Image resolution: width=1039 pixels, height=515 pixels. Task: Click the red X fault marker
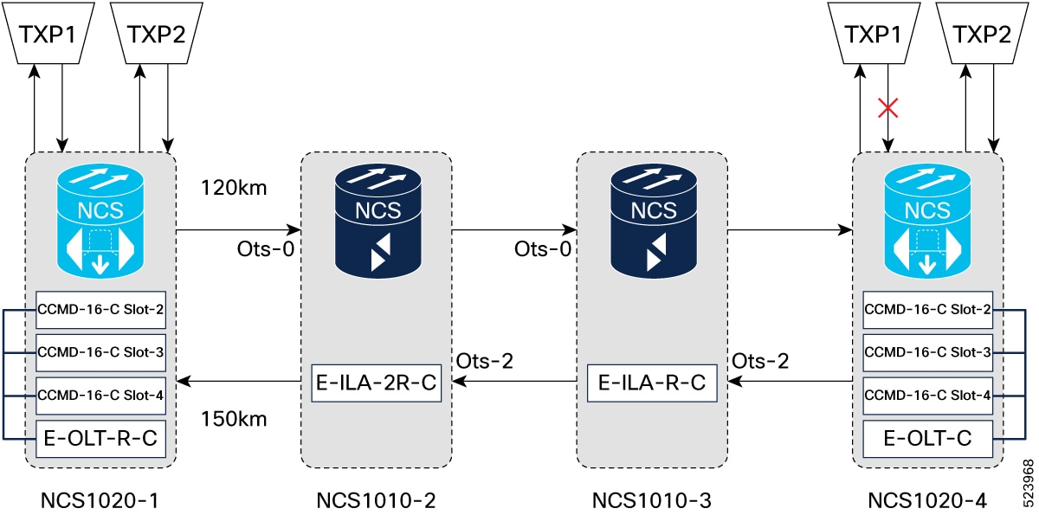tap(887, 108)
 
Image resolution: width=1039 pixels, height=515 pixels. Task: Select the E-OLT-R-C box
tap(100, 439)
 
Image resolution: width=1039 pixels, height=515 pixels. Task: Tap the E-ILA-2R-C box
tap(376, 383)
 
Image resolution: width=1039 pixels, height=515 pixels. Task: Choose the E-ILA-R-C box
tap(652, 383)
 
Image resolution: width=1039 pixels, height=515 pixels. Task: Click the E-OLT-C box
tap(927, 439)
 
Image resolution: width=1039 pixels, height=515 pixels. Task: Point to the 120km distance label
tap(234, 188)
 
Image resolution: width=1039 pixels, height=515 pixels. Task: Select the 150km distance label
tap(234, 419)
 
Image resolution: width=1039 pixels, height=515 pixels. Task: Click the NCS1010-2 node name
tap(376, 500)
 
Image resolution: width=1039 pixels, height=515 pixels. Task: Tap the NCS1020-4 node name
tap(927, 500)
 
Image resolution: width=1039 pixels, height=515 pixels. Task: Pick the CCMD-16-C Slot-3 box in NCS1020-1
tap(100, 353)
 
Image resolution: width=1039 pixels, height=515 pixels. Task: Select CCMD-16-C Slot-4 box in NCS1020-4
tap(927, 396)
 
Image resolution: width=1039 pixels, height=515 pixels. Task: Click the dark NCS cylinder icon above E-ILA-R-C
tap(654, 221)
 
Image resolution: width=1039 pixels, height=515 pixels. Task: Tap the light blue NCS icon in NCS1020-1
tap(100, 221)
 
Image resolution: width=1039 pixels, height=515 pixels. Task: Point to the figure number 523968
tap(1029, 484)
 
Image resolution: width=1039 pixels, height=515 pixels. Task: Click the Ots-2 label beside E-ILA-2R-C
tap(485, 361)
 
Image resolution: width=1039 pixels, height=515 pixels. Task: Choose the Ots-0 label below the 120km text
tap(266, 249)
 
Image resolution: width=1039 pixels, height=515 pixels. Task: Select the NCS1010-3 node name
tap(652, 500)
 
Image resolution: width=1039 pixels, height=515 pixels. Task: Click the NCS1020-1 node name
tap(100, 500)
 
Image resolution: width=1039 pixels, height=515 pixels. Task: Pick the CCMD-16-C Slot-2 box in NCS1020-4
tap(927, 310)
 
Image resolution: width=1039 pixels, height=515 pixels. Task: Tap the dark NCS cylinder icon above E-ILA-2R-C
tap(378, 221)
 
